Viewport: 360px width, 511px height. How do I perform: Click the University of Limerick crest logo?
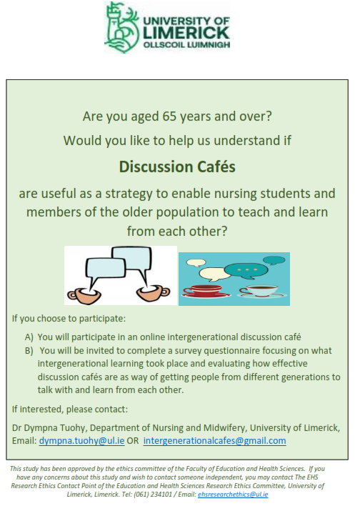point(122,26)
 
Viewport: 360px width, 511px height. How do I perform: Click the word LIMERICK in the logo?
point(186,33)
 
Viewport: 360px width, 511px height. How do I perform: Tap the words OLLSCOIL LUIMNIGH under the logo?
point(186,44)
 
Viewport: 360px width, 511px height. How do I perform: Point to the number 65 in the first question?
point(169,116)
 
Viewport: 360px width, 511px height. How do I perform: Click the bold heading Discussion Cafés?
point(177,167)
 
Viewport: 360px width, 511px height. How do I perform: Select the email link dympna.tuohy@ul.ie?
point(81,441)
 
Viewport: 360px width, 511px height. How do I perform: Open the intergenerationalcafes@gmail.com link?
point(215,441)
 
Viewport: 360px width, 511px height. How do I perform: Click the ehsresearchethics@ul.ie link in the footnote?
point(233,495)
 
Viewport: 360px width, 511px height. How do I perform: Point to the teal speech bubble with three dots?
point(246,271)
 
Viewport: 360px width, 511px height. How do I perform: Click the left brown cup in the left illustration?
point(84,296)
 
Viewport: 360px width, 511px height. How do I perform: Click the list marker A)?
point(29,337)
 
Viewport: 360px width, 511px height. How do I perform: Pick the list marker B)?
point(29,351)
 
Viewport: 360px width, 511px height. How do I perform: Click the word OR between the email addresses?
point(133,441)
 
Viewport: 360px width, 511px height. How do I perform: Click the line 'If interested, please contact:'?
point(70,410)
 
